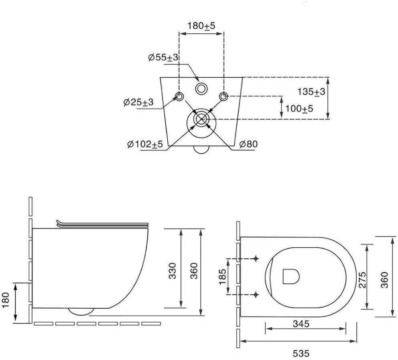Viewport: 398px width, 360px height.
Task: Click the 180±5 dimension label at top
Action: [x=201, y=26]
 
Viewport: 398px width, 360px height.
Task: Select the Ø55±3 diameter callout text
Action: [x=163, y=57]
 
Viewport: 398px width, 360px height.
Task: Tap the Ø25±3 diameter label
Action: [x=138, y=102]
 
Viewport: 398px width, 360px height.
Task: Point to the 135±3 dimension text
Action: [x=311, y=91]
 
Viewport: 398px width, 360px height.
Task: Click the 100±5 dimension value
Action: [x=300, y=109]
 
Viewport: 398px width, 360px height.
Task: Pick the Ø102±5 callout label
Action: [x=145, y=144]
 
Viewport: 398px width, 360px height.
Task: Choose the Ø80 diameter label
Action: [x=248, y=144]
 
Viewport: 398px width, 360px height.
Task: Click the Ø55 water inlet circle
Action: [x=201, y=89]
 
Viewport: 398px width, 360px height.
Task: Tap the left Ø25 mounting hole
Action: [x=179, y=96]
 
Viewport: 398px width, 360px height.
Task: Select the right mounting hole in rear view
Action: [x=223, y=96]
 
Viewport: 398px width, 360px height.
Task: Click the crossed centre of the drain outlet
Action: [x=201, y=119]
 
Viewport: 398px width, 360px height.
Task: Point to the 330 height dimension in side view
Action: [x=173, y=271]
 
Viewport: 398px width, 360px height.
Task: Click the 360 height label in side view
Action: [x=194, y=271]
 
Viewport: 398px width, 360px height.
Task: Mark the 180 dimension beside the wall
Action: [x=5, y=300]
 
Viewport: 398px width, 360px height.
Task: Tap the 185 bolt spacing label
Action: [x=222, y=277]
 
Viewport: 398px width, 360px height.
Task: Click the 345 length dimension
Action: [x=301, y=324]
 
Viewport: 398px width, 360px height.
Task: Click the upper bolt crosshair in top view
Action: [x=256, y=259]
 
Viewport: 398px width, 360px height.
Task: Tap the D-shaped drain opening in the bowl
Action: [x=291, y=276]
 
